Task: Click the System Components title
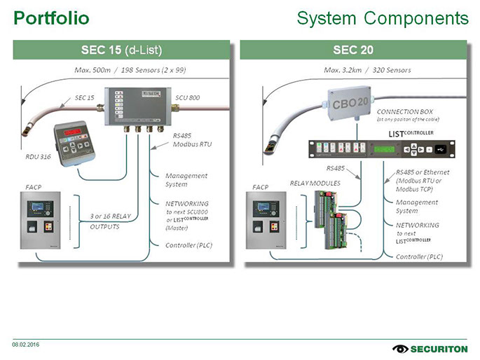(383, 18)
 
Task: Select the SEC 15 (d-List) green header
(122, 50)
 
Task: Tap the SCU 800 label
(188, 97)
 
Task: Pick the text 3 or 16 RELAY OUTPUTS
(110, 221)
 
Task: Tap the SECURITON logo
(426, 348)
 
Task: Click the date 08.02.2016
(25, 343)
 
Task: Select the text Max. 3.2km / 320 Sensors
(367, 70)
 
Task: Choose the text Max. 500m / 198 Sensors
(129, 70)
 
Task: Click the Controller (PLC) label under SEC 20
(419, 256)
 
